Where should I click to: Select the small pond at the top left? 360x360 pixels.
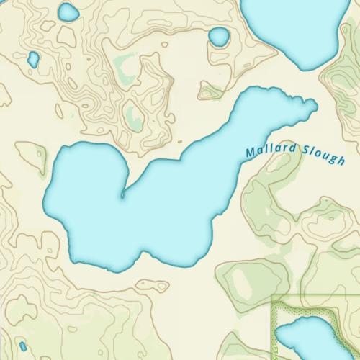pos(68,12)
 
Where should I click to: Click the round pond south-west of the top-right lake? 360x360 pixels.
pos(218,36)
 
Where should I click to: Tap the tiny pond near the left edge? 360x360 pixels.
pos(32,60)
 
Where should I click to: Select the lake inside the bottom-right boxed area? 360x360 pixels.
pos(310,338)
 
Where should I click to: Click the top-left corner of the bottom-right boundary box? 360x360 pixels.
pos(272,297)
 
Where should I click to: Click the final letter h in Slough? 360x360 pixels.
pos(342,160)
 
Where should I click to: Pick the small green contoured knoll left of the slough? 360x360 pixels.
pos(31,154)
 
